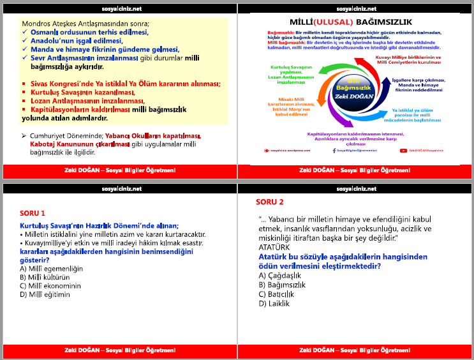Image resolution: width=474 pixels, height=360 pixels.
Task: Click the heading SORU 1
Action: [x=33, y=213]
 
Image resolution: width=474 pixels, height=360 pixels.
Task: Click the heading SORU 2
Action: [x=270, y=202]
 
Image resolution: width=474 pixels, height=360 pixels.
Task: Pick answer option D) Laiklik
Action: [x=274, y=304]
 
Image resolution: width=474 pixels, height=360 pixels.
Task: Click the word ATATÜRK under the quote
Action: [x=274, y=247]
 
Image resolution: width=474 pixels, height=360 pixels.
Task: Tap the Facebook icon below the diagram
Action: [x=333, y=151]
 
